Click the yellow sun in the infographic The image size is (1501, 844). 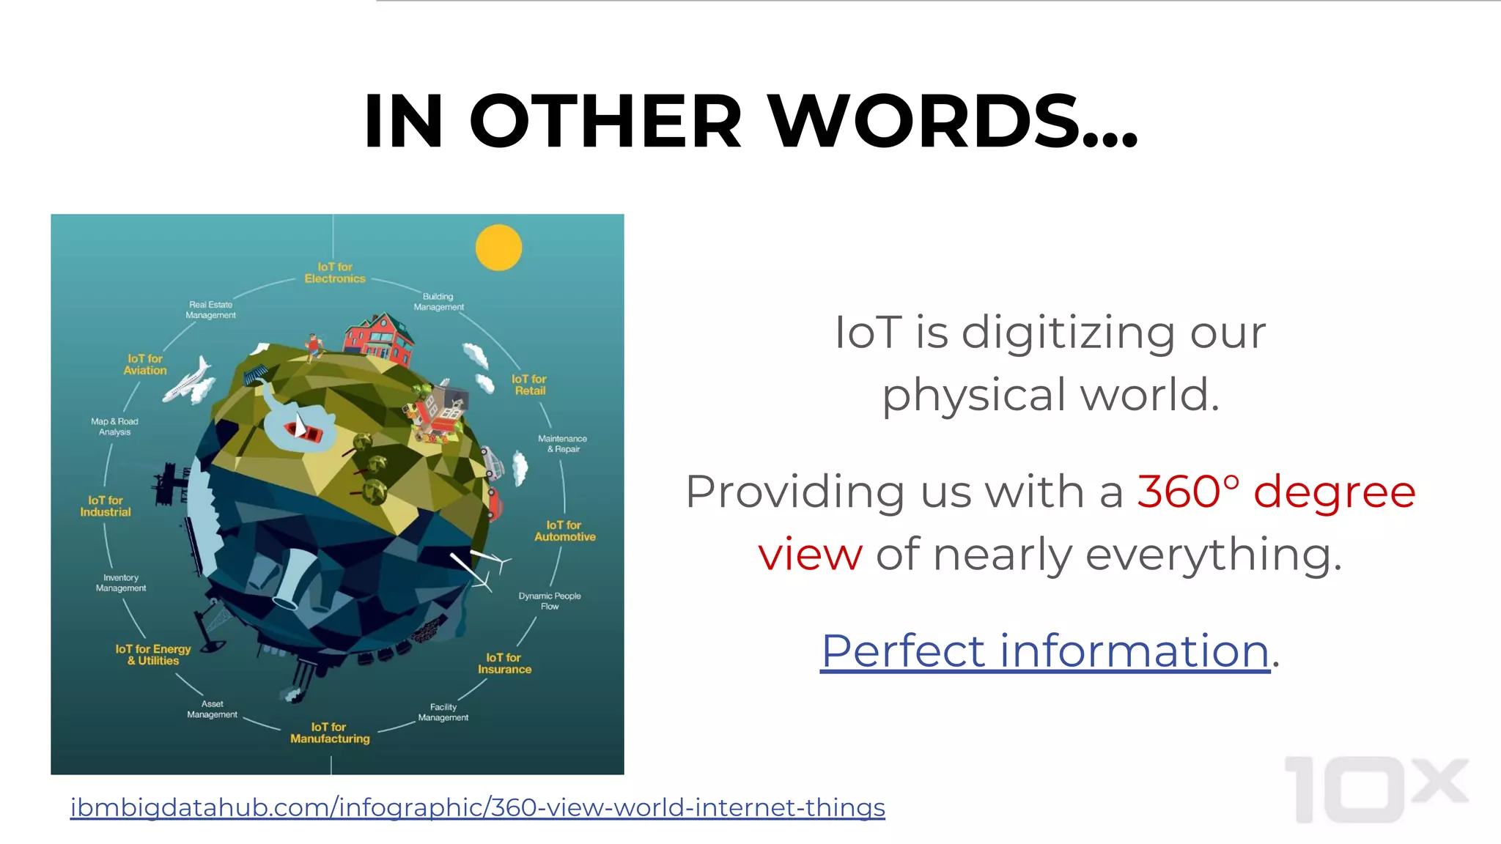click(x=498, y=248)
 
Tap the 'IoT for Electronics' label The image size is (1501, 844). click(x=335, y=273)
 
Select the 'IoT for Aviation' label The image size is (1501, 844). click(x=145, y=365)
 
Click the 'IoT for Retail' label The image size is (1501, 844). click(x=529, y=385)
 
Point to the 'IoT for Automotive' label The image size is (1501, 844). click(x=564, y=531)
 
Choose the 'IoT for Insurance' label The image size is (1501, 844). click(x=504, y=664)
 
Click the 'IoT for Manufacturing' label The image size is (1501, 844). click(x=330, y=733)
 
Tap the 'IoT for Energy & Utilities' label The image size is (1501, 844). click(x=153, y=655)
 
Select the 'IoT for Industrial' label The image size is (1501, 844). click(x=106, y=506)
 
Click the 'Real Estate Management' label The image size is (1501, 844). click(x=210, y=310)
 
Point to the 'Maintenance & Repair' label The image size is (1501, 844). click(x=562, y=444)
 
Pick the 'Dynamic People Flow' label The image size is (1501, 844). click(x=550, y=601)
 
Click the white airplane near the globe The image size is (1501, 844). click(x=189, y=380)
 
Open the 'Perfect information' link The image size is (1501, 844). click(x=1044, y=651)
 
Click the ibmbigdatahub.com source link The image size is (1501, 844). click(x=478, y=807)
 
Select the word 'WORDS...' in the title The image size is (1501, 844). click(x=953, y=121)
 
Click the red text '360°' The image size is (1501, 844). click(x=1188, y=492)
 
